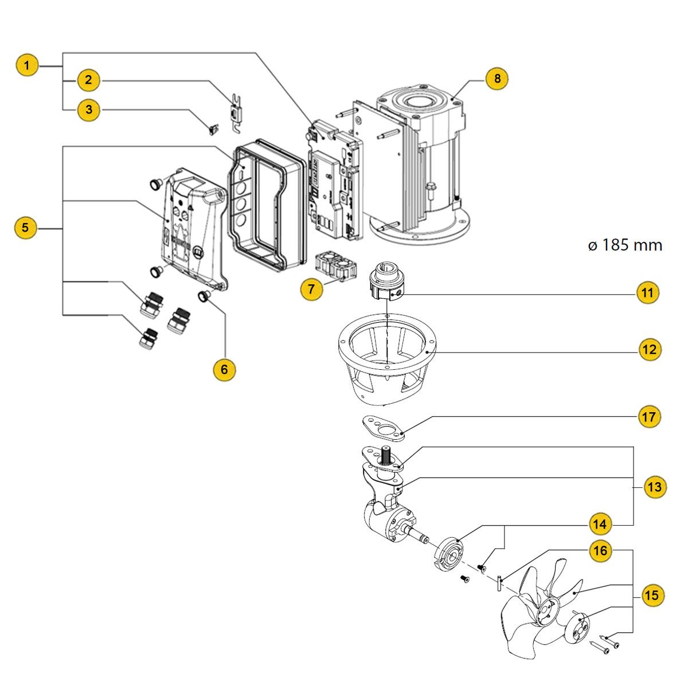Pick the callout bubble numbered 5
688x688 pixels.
(25, 228)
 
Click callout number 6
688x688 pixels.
(224, 369)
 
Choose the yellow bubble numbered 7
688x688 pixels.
(311, 289)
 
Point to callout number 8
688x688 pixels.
(497, 78)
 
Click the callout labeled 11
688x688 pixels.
(647, 293)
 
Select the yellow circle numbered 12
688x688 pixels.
(650, 350)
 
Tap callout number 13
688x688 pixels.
(654, 488)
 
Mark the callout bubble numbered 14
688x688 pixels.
(600, 524)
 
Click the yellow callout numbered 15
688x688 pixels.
(651, 596)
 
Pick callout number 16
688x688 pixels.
(600, 552)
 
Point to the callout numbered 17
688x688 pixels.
(649, 417)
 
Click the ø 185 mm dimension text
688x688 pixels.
(625, 245)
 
